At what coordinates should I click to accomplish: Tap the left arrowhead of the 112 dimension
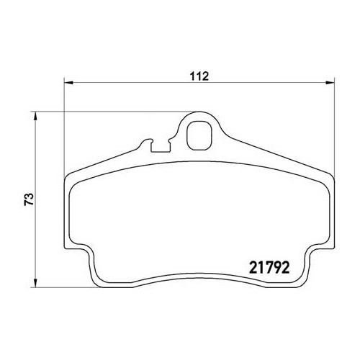68,83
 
